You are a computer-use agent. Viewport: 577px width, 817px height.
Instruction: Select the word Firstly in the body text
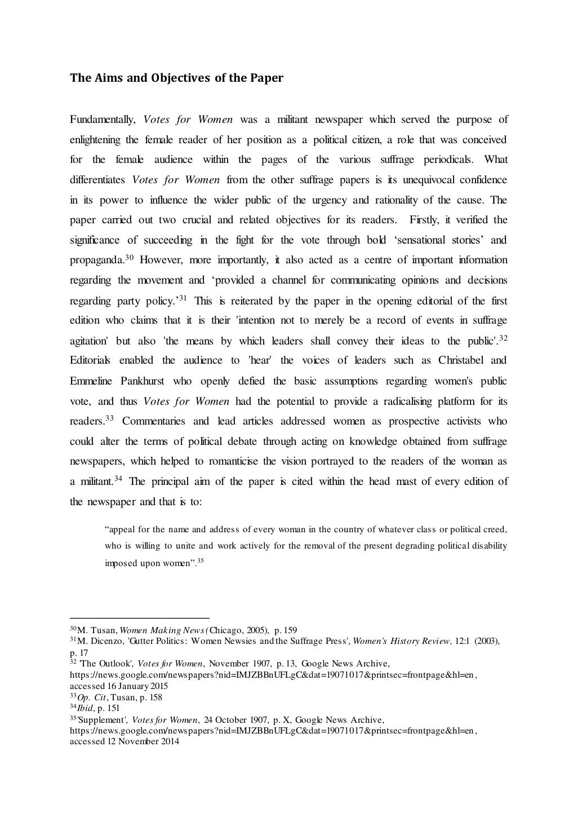point(427,220)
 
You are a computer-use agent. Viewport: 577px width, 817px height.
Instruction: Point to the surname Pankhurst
point(143,381)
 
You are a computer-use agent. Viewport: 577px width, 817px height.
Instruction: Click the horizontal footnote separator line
point(139,617)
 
